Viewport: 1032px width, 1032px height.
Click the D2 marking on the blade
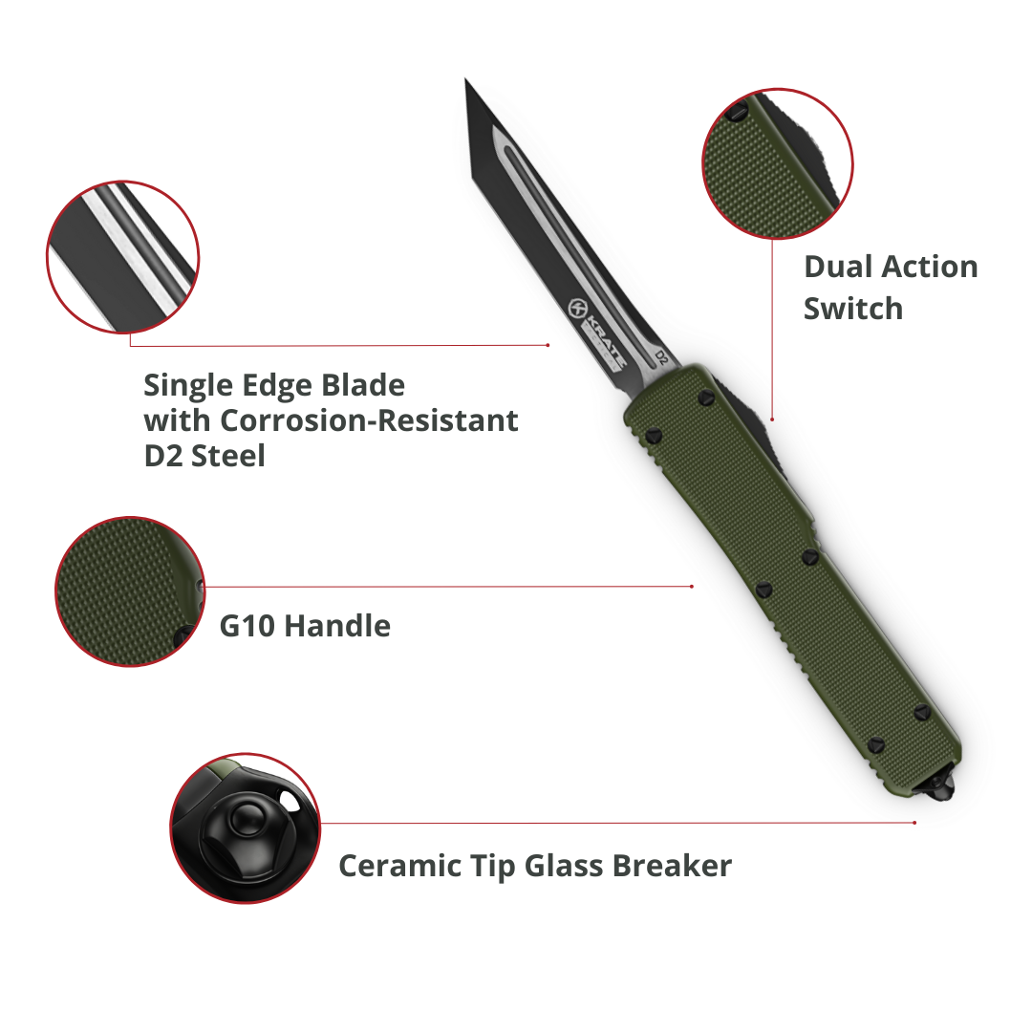point(659,357)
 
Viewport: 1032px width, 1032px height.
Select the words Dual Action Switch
point(890,287)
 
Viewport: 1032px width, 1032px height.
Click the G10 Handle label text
point(305,627)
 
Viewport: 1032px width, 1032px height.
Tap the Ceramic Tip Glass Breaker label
point(534,866)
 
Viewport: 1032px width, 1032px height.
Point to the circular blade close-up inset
point(123,256)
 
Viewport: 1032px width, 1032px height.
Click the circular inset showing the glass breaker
point(246,828)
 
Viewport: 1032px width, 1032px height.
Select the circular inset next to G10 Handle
point(130,591)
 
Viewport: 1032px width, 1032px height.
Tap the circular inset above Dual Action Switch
point(777,163)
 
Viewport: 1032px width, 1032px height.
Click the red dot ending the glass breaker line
point(914,822)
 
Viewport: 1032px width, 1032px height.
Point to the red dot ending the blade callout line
point(548,345)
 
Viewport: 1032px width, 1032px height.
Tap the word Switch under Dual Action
point(852,309)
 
